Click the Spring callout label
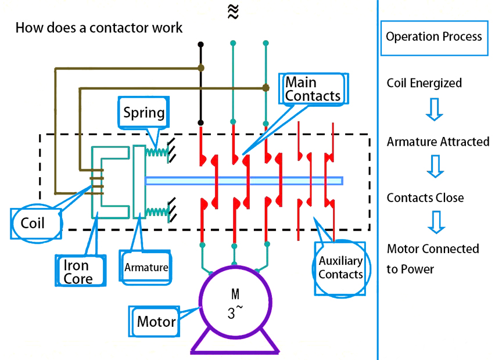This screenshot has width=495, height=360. (144, 112)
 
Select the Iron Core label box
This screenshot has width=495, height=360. (81, 270)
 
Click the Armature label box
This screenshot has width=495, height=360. (146, 268)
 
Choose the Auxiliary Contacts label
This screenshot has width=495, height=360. (340, 268)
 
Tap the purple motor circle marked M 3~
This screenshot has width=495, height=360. (235, 305)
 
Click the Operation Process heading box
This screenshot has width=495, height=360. (433, 37)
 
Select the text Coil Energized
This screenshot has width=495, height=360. (424, 83)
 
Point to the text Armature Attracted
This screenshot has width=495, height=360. (438, 142)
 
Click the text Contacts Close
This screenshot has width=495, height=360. (425, 198)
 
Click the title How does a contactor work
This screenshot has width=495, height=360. (99, 27)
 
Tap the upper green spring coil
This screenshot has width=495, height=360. (156, 152)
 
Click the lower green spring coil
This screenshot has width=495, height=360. (156, 213)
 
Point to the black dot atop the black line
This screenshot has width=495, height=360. (201, 44)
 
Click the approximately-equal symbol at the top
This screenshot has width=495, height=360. (233, 12)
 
